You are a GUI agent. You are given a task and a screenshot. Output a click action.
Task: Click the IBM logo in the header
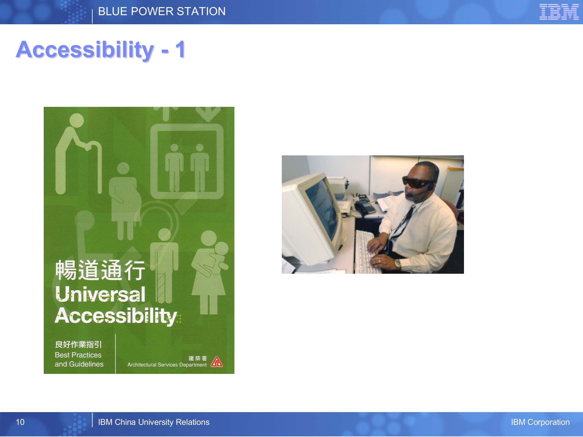click(559, 12)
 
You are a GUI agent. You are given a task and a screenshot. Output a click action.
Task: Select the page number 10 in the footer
click(20, 422)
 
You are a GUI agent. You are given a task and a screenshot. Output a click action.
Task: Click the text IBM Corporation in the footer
click(540, 422)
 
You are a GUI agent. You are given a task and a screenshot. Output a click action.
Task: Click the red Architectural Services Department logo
click(216, 362)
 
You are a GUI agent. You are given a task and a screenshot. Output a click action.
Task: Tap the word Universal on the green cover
click(100, 294)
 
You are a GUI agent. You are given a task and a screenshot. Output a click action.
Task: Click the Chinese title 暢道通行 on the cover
click(100, 270)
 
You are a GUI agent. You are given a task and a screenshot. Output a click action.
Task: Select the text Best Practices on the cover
click(78, 355)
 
